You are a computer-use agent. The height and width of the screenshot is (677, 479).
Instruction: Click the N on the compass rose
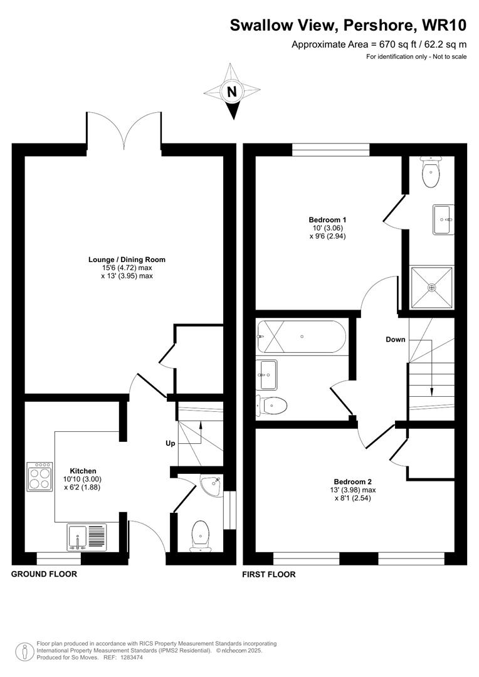(233, 92)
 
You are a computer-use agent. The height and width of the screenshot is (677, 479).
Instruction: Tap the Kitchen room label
(83, 471)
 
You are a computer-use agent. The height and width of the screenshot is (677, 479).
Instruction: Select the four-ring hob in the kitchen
(39, 477)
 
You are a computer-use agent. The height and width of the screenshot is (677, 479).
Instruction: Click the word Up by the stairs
(170, 443)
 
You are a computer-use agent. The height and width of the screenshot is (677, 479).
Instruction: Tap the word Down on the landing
(396, 339)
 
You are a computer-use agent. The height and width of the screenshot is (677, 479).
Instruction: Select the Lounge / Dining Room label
(127, 259)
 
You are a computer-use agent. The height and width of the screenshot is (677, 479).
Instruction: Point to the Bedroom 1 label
(327, 220)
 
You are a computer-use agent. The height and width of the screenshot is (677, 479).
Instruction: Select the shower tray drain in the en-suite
(431, 288)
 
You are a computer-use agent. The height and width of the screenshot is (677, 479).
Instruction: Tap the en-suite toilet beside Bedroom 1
(431, 173)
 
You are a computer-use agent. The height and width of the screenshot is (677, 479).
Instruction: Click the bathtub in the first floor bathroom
(302, 337)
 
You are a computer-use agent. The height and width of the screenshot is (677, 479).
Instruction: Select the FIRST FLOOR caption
(269, 574)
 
